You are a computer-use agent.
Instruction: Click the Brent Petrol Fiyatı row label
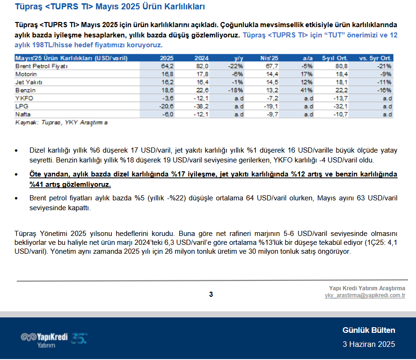pos(41,66)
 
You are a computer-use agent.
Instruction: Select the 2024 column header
pos(201,58)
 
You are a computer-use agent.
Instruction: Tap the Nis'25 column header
pos(269,58)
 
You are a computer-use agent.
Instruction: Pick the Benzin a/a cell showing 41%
pos(307,90)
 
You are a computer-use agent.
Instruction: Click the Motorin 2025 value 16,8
pos(168,74)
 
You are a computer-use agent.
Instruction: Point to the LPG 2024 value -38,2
pos(201,106)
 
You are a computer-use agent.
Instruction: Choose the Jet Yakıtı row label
pos(29,82)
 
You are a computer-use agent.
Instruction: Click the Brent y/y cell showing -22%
pos(235,66)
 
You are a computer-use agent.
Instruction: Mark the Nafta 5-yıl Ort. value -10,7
pos(340,114)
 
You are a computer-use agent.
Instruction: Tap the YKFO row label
pos(24,98)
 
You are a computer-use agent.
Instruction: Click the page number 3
pos(211,294)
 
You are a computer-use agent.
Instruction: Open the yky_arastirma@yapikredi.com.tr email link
pos(365,295)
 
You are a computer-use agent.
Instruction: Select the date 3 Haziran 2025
pos(369,345)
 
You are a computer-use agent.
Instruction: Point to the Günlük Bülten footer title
pos(369,330)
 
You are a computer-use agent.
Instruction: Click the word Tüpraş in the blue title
pos(29,7)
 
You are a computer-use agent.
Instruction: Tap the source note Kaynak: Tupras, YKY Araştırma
pos(61,123)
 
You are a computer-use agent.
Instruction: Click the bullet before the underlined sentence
pos(16,175)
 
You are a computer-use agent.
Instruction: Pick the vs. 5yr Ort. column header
pos(375,58)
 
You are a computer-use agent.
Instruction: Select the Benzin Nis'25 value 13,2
pos(272,90)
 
